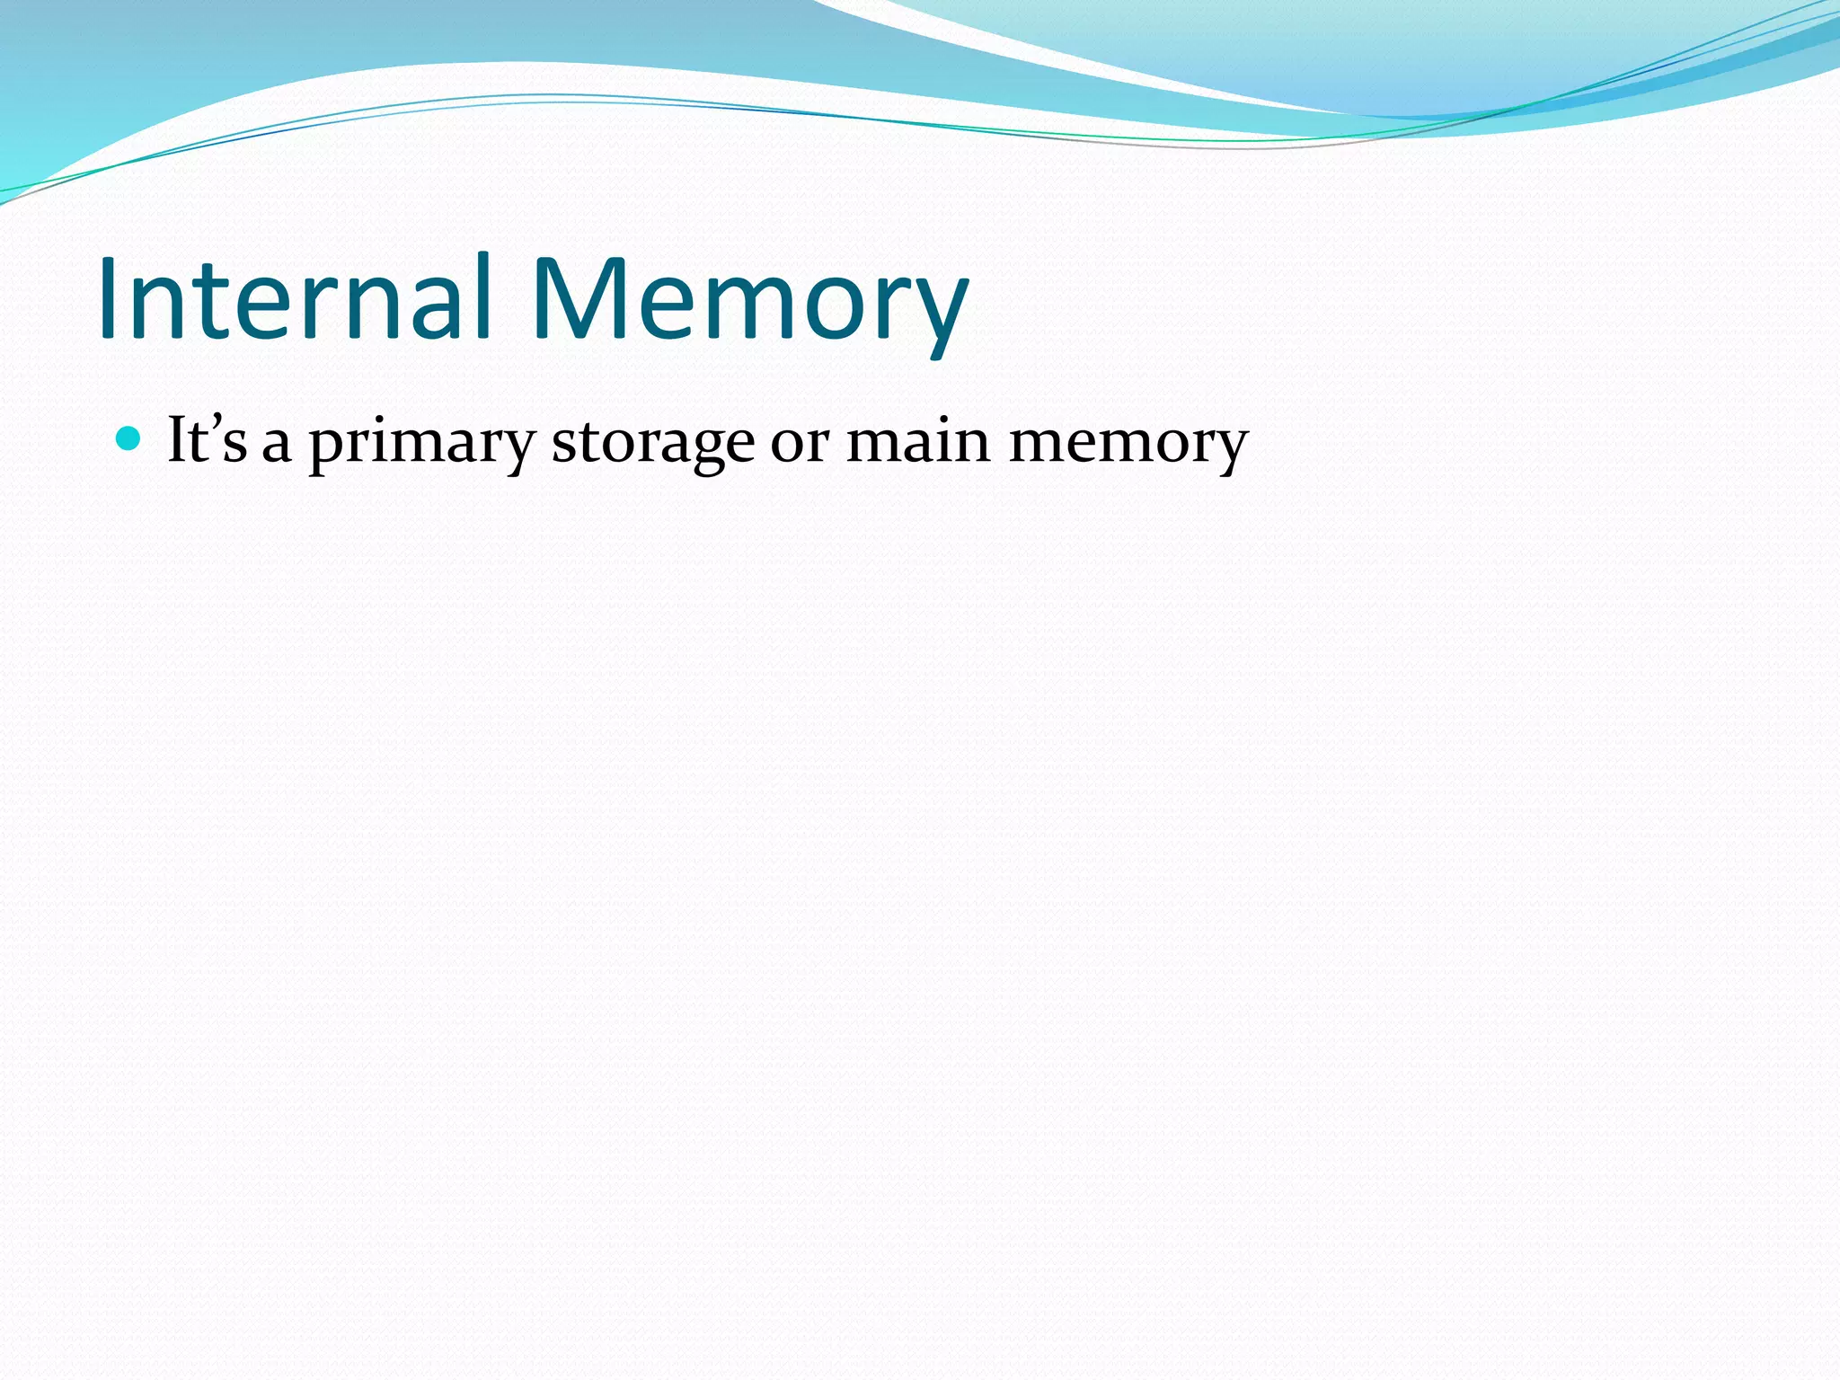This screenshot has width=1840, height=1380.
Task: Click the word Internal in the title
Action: tap(295, 298)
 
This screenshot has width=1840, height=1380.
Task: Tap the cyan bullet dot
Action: tap(129, 438)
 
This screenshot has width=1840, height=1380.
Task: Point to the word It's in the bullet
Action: tap(207, 440)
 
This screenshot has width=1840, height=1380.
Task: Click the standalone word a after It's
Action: tap(277, 445)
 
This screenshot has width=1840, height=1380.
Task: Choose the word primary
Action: tap(422, 445)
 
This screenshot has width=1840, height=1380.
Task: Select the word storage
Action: tap(652, 445)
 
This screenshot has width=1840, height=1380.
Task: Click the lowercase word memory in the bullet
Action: tap(1128, 445)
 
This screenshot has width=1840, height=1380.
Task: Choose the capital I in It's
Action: tap(178, 440)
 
